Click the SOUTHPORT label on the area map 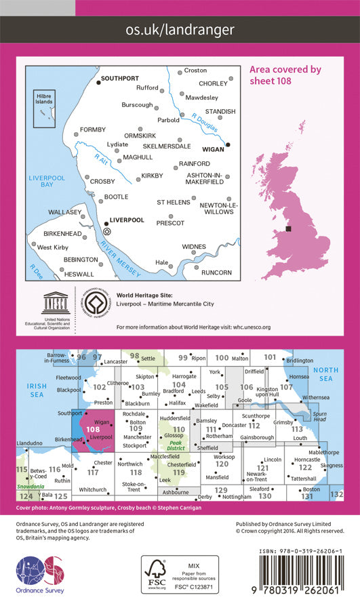pyautogui.click(x=121, y=77)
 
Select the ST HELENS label pyautogui.click(x=174, y=202)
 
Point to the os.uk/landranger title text pyautogui.click(x=180, y=29)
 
